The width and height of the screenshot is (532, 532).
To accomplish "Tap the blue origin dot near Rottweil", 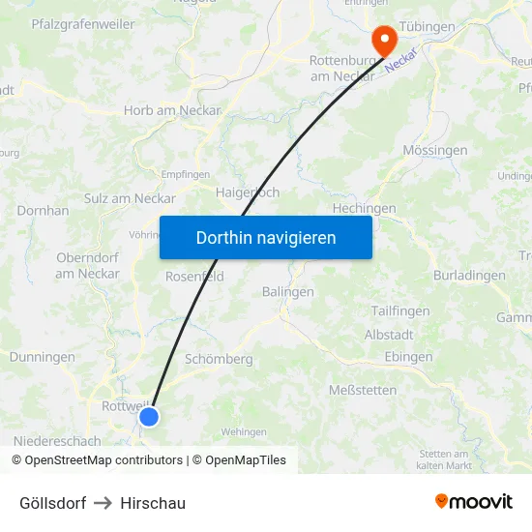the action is pyautogui.click(x=149, y=416).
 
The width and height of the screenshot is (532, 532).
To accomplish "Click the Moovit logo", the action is pyautogui.click(x=473, y=501).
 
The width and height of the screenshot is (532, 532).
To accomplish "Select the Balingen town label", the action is pyautogui.click(x=287, y=291).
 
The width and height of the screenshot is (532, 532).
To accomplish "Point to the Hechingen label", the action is pyautogui.click(x=364, y=208).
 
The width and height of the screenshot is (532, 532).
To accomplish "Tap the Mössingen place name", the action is pyautogui.click(x=434, y=150).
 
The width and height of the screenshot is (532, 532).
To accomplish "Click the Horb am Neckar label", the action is pyautogui.click(x=172, y=110).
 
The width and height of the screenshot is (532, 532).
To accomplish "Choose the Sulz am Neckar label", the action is pyautogui.click(x=130, y=198).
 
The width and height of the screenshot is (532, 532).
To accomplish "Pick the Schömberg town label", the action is pyautogui.click(x=219, y=359).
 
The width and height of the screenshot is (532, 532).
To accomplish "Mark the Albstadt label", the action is pyautogui.click(x=388, y=334).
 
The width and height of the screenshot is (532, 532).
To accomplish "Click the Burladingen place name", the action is pyautogui.click(x=469, y=275).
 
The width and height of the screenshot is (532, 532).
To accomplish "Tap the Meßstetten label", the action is pyautogui.click(x=363, y=390).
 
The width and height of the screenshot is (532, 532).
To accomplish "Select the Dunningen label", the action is pyautogui.click(x=42, y=357).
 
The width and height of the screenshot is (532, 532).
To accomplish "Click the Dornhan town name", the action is pyautogui.click(x=43, y=210).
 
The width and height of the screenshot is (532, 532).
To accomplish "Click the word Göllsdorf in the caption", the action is pyautogui.click(x=53, y=503).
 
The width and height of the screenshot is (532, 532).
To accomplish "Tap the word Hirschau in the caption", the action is pyautogui.click(x=153, y=503).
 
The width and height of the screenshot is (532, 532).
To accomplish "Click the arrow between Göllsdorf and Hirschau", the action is pyautogui.click(x=103, y=503).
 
